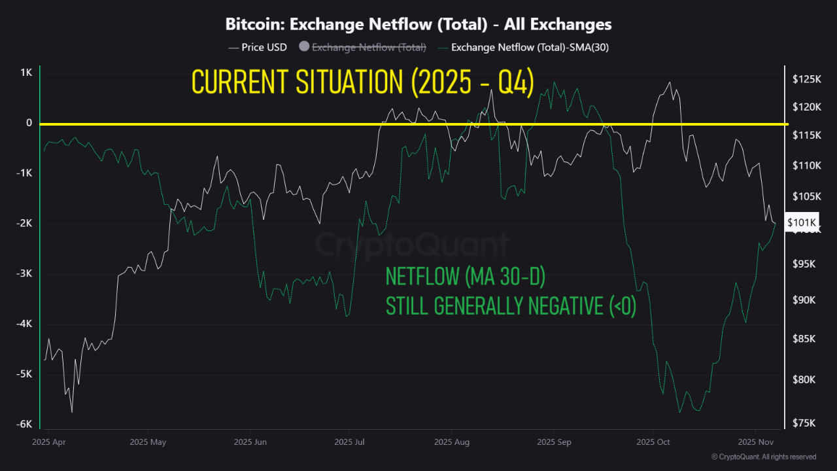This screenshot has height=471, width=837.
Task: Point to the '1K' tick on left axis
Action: (x=26, y=73)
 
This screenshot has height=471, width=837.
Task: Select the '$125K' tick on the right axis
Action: (x=806, y=79)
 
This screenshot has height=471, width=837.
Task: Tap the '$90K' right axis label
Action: (x=805, y=300)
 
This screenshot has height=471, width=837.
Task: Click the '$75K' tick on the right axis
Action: (x=805, y=423)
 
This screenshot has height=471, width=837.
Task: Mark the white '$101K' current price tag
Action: (x=800, y=222)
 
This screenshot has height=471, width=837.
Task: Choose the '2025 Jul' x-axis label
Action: (x=350, y=442)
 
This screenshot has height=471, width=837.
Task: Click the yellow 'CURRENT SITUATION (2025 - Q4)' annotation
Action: (x=363, y=82)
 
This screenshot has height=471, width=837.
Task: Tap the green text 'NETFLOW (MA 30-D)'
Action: (x=466, y=277)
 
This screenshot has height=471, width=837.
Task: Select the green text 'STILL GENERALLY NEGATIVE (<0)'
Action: (x=511, y=306)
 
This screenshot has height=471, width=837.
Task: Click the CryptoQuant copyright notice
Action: (x=764, y=457)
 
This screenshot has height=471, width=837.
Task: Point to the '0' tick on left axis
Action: (x=29, y=123)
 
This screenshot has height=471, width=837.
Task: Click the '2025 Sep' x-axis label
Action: (x=553, y=442)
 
